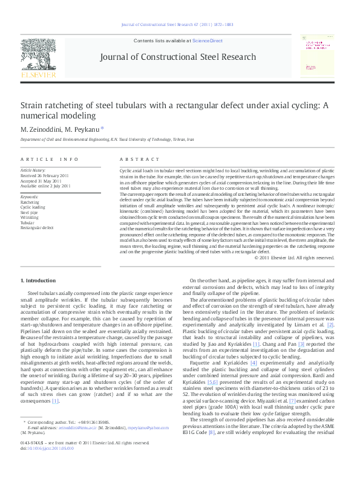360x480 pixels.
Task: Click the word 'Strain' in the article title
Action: tap(34, 105)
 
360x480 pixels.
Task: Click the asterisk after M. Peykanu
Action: tap(102, 128)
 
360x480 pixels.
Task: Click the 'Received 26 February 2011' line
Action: tap(45, 176)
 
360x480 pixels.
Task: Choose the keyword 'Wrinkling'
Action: tap(30, 217)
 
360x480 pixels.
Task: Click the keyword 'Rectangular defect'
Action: tap(37, 227)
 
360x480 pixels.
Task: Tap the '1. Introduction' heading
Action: tap(38, 281)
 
